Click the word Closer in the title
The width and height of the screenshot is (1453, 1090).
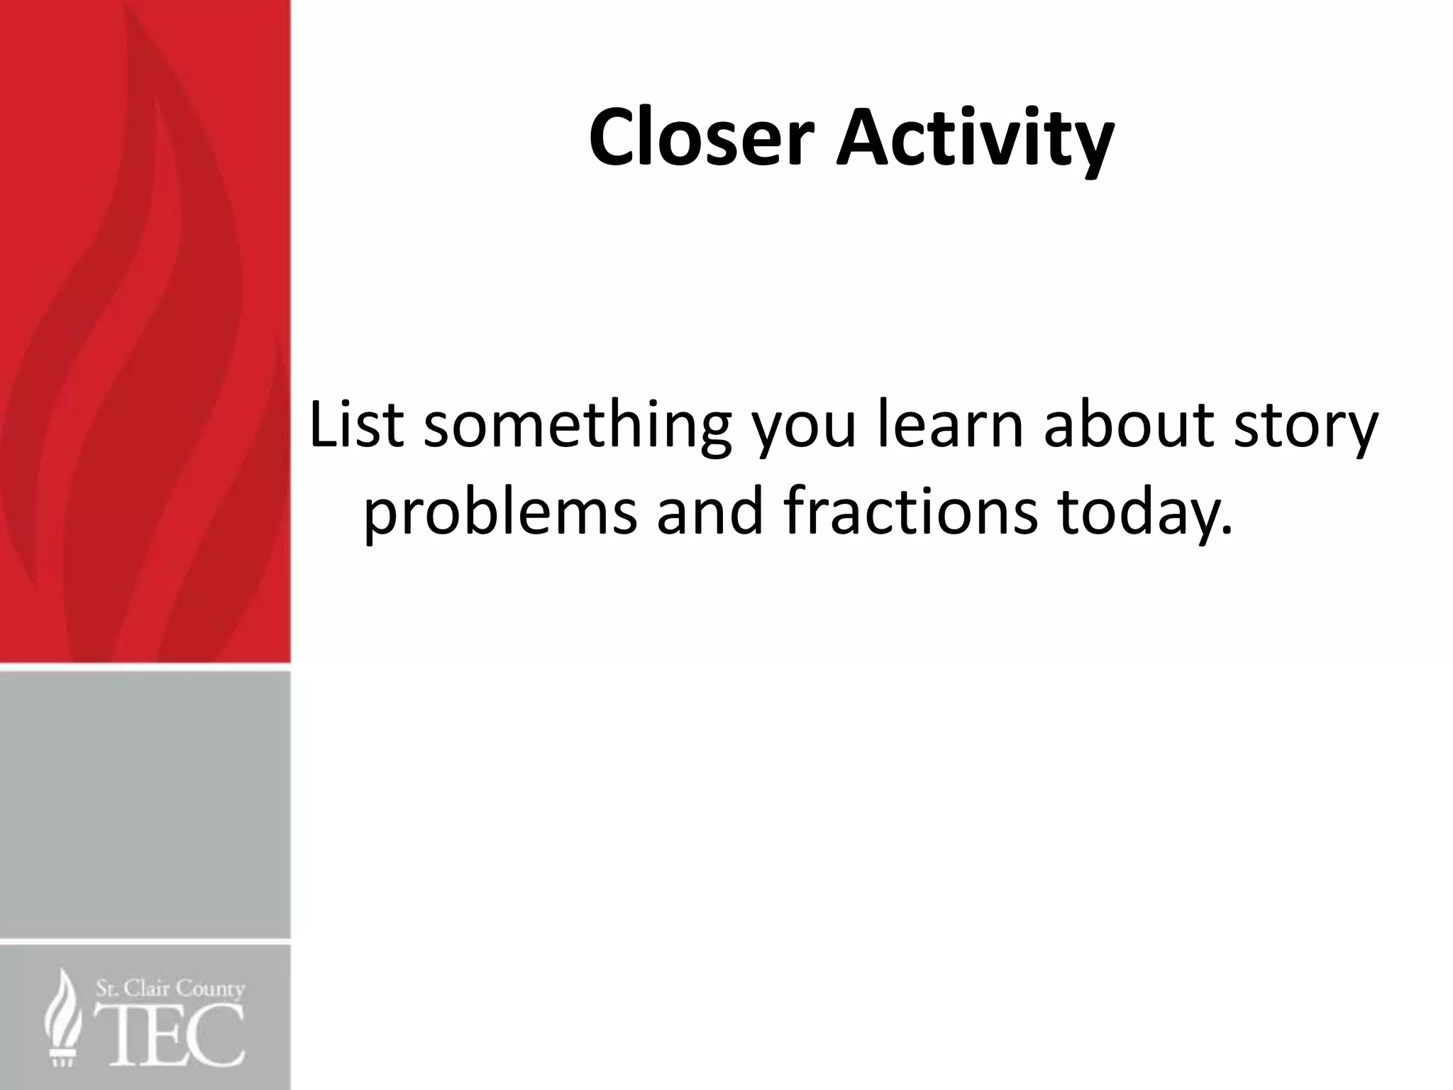pyautogui.click(x=699, y=138)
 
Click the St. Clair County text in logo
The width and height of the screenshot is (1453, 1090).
pyautogui.click(x=170, y=989)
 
